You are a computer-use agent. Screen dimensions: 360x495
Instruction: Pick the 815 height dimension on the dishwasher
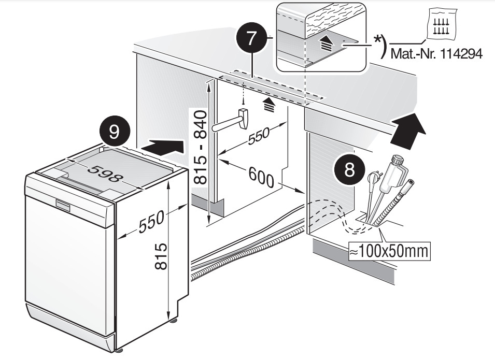click(161, 256)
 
